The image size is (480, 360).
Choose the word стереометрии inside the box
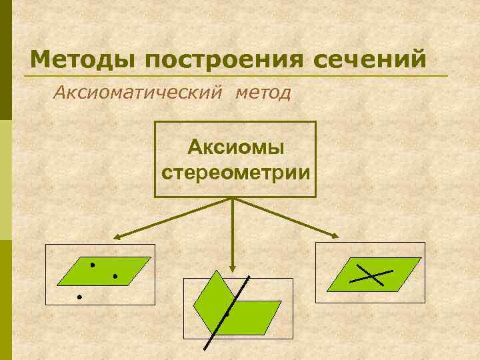pyautogui.click(x=235, y=172)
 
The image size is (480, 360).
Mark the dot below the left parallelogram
pyautogui.click(x=79, y=296)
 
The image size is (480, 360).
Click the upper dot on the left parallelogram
pyautogui.click(x=93, y=265)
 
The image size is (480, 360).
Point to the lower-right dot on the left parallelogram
pyautogui.click(x=115, y=275)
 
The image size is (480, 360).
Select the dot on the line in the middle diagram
pyautogui.click(x=227, y=313)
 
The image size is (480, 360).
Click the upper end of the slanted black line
pyautogui.click(x=249, y=277)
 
